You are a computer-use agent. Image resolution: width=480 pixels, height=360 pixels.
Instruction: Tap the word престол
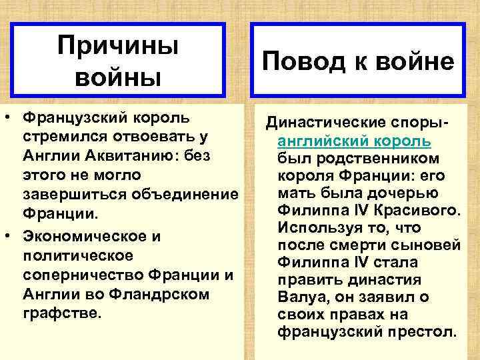425,331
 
